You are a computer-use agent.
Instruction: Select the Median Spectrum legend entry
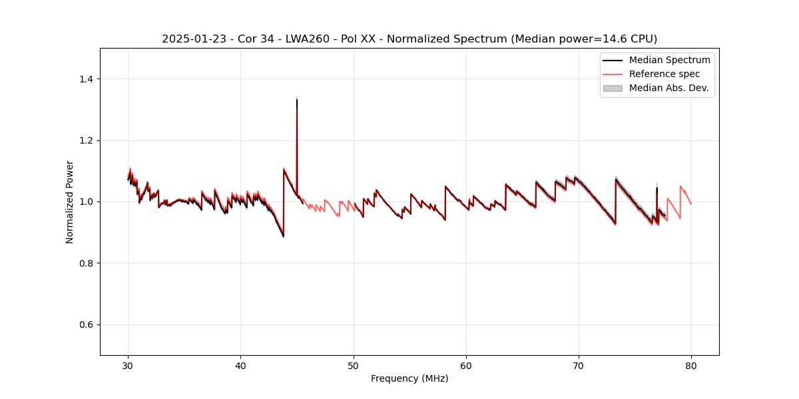tap(669, 60)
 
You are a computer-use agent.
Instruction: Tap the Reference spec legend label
tap(664, 74)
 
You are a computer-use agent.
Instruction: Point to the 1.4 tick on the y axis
tap(89, 79)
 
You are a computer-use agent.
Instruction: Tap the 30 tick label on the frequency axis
tap(128, 366)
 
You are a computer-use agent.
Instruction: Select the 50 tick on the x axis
tap(354, 366)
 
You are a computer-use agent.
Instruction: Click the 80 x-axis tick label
tap(691, 366)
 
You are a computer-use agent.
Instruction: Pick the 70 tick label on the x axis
tap(579, 366)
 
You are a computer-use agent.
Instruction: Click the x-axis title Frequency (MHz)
tap(409, 378)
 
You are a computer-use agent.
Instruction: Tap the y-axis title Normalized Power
tap(70, 201)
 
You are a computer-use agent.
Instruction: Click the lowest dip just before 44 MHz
tap(283, 236)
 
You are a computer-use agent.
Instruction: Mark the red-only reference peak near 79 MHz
tap(680, 186)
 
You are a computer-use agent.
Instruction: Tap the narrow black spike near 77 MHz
tap(657, 188)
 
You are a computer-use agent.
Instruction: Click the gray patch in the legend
tap(613, 88)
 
